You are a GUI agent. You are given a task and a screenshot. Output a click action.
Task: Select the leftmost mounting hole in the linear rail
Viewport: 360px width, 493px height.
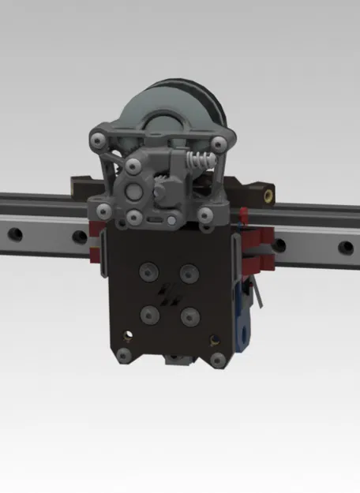pyautogui.click(x=15, y=234)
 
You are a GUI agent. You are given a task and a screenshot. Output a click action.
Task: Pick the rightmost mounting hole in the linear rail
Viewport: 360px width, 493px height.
pyautogui.click(x=346, y=247)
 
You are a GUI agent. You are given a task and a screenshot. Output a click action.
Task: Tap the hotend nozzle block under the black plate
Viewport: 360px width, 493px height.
pyautogui.click(x=175, y=360)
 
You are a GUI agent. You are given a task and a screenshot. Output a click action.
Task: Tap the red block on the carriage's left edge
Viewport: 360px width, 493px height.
pyautogui.click(x=97, y=245)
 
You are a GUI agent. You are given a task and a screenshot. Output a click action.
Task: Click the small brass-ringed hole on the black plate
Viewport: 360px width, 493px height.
pyautogui.click(x=212, y=342)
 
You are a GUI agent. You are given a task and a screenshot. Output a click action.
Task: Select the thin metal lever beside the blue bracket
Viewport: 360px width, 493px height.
pyautogui.click(x=255, y=296)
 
